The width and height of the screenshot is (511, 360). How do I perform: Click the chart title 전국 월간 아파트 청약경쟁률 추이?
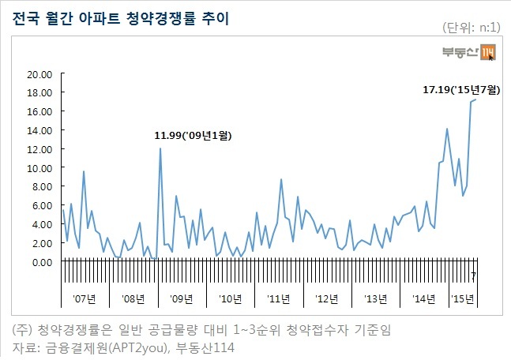tap(121, 19)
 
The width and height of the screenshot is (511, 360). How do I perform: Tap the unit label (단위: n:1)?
tap(471, 28)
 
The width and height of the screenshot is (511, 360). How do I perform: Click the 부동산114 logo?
tap(468, 52)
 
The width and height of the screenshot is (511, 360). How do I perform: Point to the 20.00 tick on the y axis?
tap(39, 75)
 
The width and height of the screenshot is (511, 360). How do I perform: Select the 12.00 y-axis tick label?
tap(39, 149)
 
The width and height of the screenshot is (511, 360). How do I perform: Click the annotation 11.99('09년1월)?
tap(193, 135)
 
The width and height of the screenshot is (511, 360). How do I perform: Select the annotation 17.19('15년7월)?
tap(461, 89)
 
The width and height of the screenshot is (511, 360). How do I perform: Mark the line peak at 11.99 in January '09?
tap(160, 148)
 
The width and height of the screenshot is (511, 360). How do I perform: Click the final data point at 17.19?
tap(475, 99)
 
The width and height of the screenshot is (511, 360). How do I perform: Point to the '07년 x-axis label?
tap(85, 298)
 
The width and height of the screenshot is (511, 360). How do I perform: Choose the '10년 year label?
tap(230, 298)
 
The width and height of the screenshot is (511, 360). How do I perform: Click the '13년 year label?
tap(375, 298)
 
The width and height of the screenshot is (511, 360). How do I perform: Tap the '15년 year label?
tap(463, 298)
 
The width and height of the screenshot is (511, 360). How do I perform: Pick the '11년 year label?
tap(278, 298)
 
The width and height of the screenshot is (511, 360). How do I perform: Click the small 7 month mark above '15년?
tap(474, 276)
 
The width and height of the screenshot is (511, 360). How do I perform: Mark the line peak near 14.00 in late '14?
tap(447, 129)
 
